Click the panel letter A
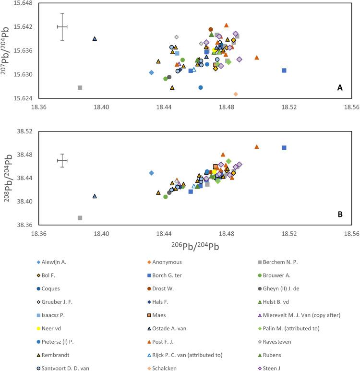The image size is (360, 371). coord(340,88)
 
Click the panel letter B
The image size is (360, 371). coord(340,215)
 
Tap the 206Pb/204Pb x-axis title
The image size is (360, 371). coord(195,246)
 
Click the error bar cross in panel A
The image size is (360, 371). coord(62,27)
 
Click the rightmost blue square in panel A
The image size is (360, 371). coord(284,71)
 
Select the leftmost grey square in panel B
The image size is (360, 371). coord(80,218)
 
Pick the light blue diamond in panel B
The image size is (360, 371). coord(151,173)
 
